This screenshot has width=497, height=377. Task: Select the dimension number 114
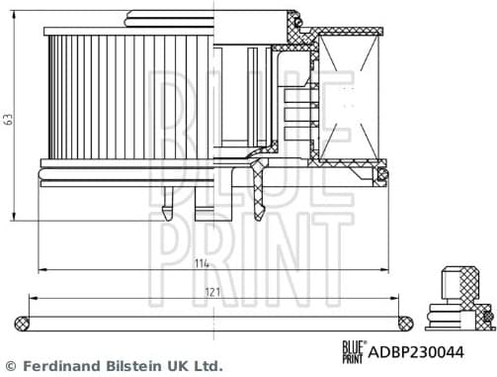202,263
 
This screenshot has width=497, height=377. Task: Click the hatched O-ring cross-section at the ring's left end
24,322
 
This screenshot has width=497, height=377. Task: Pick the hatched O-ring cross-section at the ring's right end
404,322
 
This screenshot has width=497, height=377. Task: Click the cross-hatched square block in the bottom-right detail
459,282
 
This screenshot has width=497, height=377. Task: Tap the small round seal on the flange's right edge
381,175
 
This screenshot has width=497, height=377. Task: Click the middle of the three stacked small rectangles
295,113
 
